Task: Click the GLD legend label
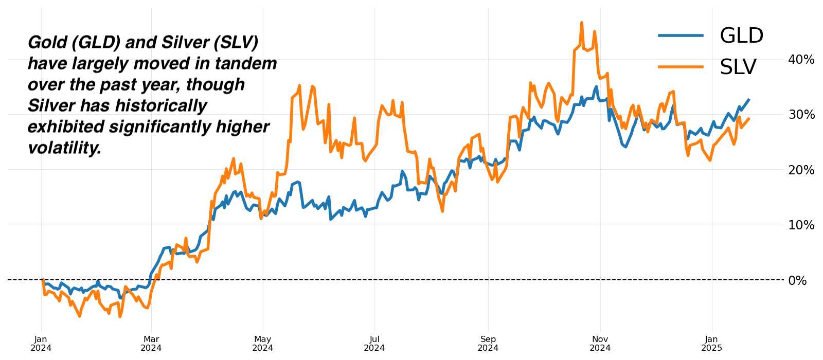(x=741, y=36)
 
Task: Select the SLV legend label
(x=738, y=67)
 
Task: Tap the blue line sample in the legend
(x=681, y=35)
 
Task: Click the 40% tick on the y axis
(x=801, y=60)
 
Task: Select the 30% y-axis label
(x=801, y=115)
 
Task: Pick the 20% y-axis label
(x=801, y=170)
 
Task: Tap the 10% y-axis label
(x=801, y=225)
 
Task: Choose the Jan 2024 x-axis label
(x=41, y=344)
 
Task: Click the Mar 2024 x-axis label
(x=151, y=344)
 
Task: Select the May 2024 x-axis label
(x=262, y=344)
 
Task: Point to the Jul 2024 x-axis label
(x=374, y=344)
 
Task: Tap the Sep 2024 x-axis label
(x=488, y=344)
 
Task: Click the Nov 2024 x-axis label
(x=600, y=344)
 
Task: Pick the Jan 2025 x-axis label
(x=712, y=344)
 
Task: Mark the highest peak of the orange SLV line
(x=581, y=23)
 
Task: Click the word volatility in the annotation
(x=64, y=148)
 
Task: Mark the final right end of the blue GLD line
(x=749, y=99)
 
